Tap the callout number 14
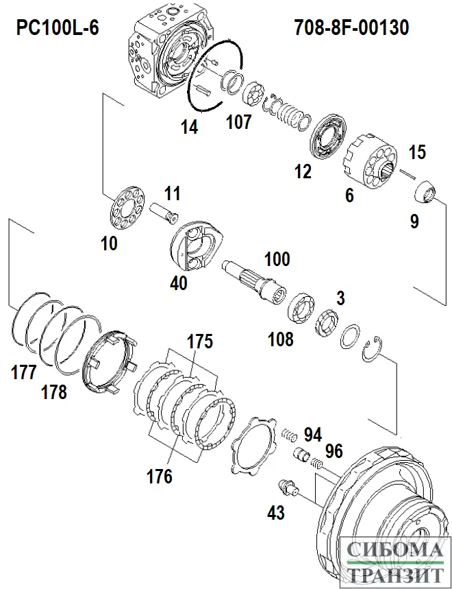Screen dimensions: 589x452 point(190,127)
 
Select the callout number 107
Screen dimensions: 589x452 point(239,123)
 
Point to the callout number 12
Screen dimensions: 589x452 point(302,171)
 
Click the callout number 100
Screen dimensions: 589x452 point(277,259)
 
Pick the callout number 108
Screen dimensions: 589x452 point(280,338)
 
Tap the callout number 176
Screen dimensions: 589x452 point(159,475)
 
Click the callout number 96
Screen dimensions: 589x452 point(334,452)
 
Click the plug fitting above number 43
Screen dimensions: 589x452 point(288,488)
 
